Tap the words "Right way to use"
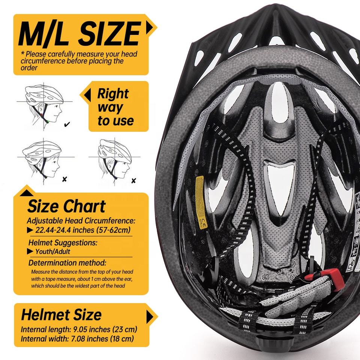(x=115, y=107)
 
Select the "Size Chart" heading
(x=66, y=206)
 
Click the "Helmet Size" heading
(x=61, y=314)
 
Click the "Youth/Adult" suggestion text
(x=53, y=252)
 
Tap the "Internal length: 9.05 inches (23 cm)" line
(x=79, y=330)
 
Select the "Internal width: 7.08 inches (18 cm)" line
(x=77, y=339)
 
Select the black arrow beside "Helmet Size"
(x=150, y=317)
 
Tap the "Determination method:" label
(x=67, y=262)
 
